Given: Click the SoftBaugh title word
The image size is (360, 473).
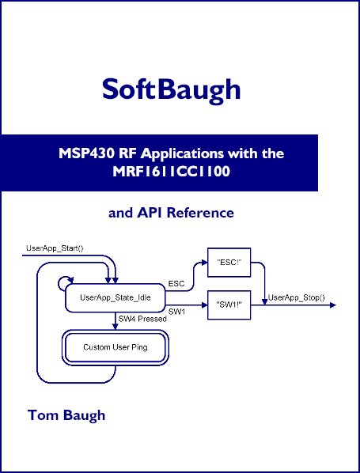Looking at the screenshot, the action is click(171, 90).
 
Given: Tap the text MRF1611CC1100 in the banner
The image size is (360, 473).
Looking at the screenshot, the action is click(172, 172).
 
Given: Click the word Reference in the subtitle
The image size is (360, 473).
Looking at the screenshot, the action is click(200, 213).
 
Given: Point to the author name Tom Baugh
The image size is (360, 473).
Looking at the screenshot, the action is click(66, 416).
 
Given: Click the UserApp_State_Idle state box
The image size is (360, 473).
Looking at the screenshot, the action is click(116, 297).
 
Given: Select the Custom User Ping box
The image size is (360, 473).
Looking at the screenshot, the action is click(116, 347).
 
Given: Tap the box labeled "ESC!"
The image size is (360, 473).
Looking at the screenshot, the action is click(229, 263).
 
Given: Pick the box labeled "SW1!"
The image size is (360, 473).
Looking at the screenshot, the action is click(229, 305).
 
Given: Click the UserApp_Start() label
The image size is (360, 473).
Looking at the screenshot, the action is click(55, 248).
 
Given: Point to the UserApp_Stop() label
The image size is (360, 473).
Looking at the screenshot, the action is click(297, 297).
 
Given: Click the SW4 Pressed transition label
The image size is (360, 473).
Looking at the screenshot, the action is click(142, 319).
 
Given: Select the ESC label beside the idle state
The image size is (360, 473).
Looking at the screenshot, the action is click(176, 284).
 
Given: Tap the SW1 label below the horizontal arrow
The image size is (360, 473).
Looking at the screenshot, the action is click(176, 312).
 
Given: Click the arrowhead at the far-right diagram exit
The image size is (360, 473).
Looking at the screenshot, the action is click(333, 305).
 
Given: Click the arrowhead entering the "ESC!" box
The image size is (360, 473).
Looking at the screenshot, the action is click(205, 263).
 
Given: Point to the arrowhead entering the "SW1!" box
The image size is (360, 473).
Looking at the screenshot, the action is click(205, 305).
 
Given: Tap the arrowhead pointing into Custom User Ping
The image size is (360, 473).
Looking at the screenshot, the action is click(115, 327).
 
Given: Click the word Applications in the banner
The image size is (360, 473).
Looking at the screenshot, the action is click(182, 154).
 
